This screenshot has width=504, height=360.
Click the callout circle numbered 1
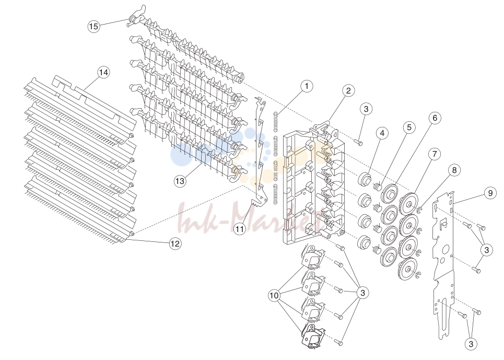pos(307,86)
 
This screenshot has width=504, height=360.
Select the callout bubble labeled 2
pos(348,90)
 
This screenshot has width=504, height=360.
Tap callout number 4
pos(382,133)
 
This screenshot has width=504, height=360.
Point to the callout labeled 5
pos(409,127)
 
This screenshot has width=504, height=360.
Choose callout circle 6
pos(435,118)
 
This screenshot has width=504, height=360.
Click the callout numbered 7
pos(435,154)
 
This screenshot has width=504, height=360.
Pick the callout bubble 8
pos(454,170)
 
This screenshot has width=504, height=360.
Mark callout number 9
pos(490,193)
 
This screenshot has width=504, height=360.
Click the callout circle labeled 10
pos(274,295)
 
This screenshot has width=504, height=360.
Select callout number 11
pos(239,229)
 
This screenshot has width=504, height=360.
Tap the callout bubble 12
pos(175,243)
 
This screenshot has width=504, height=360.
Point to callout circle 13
pos(180,181)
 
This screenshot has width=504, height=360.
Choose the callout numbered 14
pos(103,73)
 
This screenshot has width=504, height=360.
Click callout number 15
pos(93,26)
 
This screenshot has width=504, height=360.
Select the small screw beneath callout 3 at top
pos(359,142)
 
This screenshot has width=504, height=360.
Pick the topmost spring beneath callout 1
pos(276,122)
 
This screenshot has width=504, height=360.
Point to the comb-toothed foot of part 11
pos(258,204)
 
